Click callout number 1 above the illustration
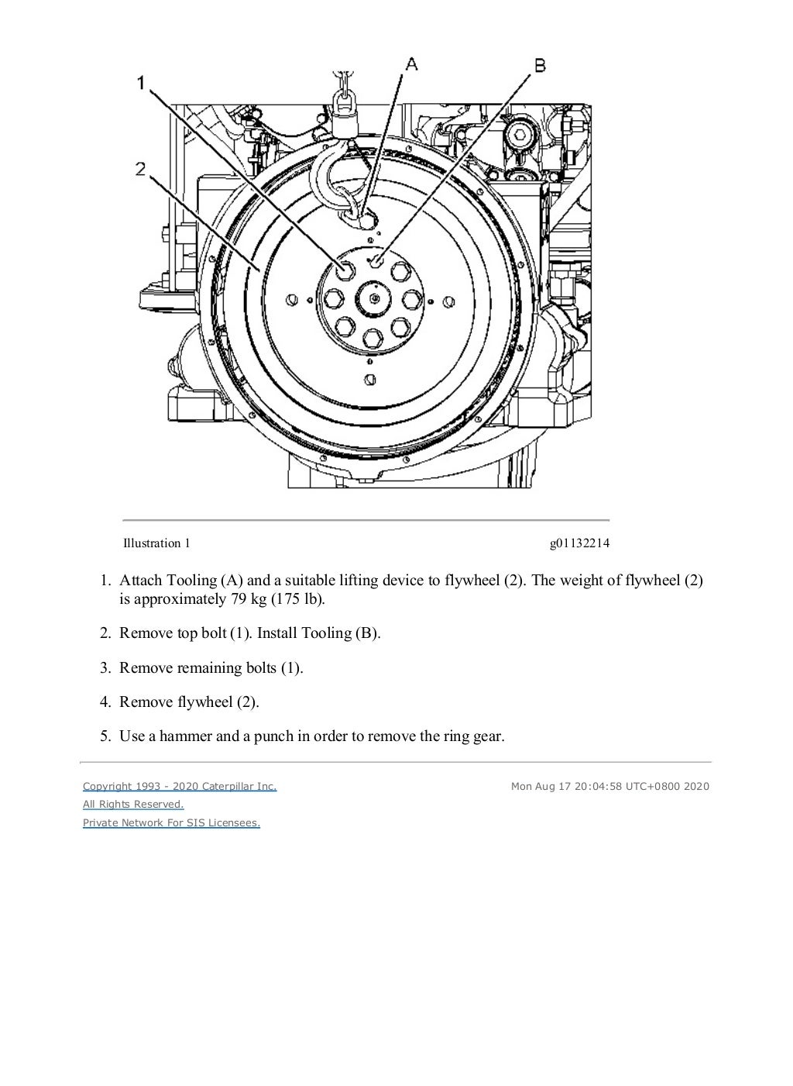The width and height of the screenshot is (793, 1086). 142,82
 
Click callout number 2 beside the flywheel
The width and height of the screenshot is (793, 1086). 141,168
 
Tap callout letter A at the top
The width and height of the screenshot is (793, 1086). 412,64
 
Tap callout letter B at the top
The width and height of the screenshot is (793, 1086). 540,64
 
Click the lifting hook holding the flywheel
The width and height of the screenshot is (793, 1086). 329,178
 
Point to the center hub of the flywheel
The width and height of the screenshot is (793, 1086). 374,298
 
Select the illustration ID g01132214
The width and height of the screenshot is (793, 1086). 579,543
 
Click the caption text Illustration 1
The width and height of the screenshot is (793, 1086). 156,543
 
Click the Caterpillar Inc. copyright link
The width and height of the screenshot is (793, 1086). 180,786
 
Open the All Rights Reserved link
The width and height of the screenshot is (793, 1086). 133,805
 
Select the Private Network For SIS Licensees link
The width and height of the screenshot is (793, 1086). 171,823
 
